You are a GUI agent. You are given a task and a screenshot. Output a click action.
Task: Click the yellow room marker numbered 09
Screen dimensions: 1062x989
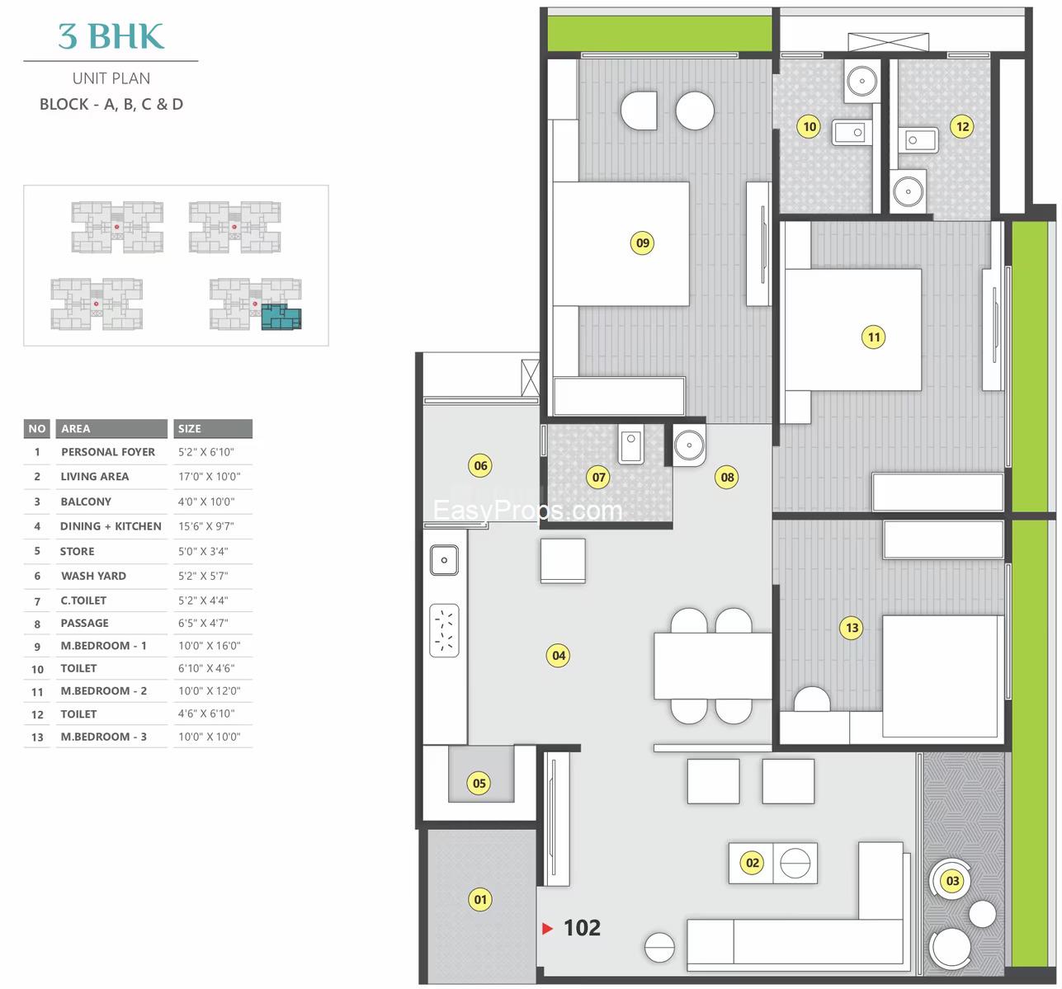click(642, 243)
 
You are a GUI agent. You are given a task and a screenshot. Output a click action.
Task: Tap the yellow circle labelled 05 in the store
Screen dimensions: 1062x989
click(479, 783)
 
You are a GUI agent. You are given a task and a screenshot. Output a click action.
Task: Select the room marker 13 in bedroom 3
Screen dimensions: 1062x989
click(852, 628)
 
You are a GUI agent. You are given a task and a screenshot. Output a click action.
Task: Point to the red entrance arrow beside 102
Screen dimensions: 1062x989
click(547, 929)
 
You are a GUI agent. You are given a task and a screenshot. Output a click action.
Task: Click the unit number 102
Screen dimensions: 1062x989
click(583, 928)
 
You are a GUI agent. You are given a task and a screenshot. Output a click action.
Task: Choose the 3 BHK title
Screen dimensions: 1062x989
click(111, 36)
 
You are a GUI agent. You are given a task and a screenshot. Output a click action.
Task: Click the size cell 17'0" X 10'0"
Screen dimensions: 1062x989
click(209, 476)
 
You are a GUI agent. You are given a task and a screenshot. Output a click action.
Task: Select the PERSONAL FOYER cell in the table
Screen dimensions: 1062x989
click(108, 452)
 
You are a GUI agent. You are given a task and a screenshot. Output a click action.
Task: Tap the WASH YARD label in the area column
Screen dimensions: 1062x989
click(93, 576)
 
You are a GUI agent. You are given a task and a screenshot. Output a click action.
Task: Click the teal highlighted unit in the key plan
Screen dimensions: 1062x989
click(281, 317)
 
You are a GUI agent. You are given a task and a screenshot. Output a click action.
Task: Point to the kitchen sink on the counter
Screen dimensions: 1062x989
click(444, 560)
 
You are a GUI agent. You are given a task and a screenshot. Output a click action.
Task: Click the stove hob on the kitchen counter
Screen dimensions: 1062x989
click(444, 630)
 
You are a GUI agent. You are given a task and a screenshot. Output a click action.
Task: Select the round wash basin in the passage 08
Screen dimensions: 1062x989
click(689, 445)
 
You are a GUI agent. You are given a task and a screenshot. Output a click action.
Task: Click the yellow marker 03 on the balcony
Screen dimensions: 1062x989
click(952, 880)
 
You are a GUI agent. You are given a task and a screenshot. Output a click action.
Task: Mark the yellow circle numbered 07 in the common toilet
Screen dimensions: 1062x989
click(599, 478)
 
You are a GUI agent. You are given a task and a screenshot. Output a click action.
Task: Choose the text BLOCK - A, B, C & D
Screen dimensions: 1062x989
click(111, 104)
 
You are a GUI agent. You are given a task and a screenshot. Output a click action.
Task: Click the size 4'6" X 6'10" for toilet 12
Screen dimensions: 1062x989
click(206, 713)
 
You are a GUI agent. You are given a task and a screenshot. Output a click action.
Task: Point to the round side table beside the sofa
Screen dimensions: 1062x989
click(659, 948)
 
